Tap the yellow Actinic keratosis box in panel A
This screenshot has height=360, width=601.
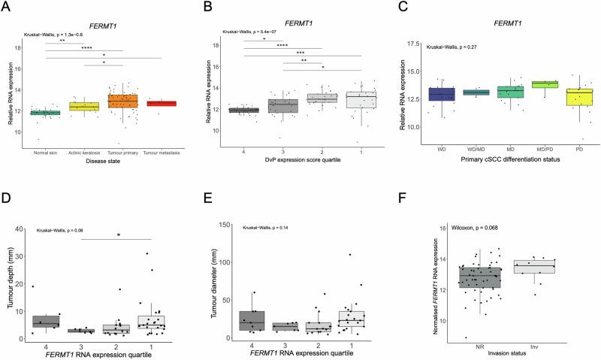point(84,107)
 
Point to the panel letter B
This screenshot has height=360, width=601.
point(215,8)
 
